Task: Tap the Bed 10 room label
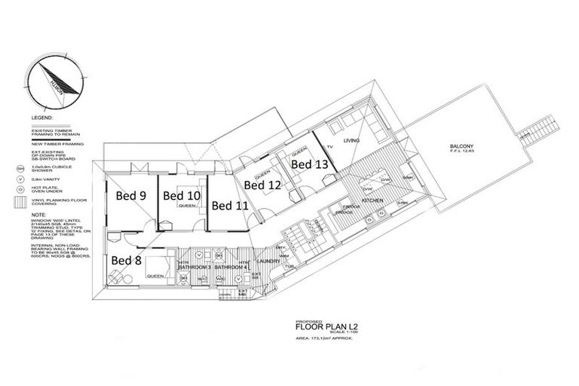pyautogui.click(x=182, y=196)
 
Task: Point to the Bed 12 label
pyautogui.click(x=263, y=184)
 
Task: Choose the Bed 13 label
pyautogui.click(x=309, y=164)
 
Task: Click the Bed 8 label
pyautogui.click(x=127, y=260)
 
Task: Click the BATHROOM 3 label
pyautogui.click(x=194, y=268)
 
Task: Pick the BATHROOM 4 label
pyautogui.click(x=231, y=268)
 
